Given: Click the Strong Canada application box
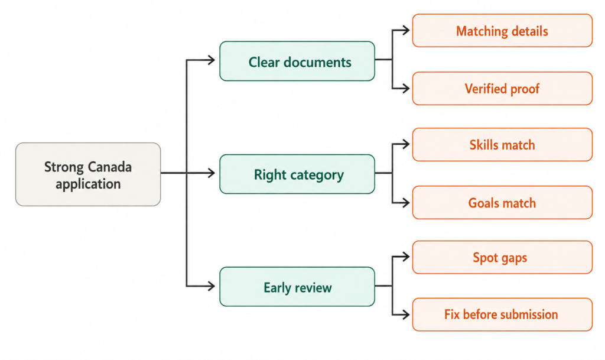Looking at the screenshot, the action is [88, 174].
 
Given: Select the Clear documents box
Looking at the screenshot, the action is [297, 61].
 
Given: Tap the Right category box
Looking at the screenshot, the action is [297, 174].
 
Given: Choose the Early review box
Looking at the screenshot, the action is [297, 287].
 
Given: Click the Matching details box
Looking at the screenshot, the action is [502, 31].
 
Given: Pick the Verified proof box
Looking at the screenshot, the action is [502, 88].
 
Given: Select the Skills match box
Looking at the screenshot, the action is [502, 145].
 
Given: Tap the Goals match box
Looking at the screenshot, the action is [502, 203].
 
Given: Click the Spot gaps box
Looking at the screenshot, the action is [502, 257].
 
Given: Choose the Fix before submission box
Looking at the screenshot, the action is [502, 314].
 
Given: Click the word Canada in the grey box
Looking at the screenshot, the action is [110, 167].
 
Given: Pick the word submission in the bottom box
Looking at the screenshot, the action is [529, 314].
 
